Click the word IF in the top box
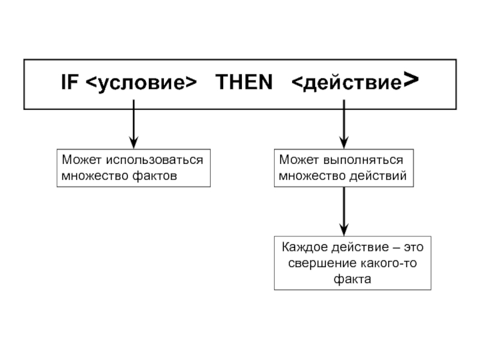click(x=70, y=82)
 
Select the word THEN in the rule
click(x=244, y=82)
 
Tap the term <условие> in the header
click(x=141, y=83)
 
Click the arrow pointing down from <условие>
click(x=133, y=124)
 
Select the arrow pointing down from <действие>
click(x=344, y=124)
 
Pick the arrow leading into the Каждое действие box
click(x=344, y=211)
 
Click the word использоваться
click(x=155, y=160)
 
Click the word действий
click(x=378, y=176)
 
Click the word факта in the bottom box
click(x=352, y=279)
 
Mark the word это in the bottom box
click(x=413, y=247)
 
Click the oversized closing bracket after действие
click(x=411, y=80)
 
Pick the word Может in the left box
click(x=82, y=160)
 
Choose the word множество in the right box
click(x=312, y=176)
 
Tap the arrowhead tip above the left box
click(x=133, y=149)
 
